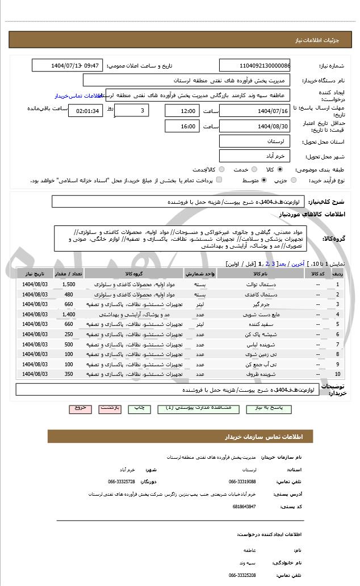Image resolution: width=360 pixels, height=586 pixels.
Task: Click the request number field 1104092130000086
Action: point(254,65)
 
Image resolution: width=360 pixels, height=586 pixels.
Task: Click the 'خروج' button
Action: point(80,408)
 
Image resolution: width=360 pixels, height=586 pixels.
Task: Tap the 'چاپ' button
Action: point(139,408)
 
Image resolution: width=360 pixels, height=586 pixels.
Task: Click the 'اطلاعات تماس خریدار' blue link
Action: point(78,96)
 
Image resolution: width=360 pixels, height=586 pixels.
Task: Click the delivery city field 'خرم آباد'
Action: point(254,156)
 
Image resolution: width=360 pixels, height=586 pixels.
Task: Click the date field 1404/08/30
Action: point(254,126)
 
